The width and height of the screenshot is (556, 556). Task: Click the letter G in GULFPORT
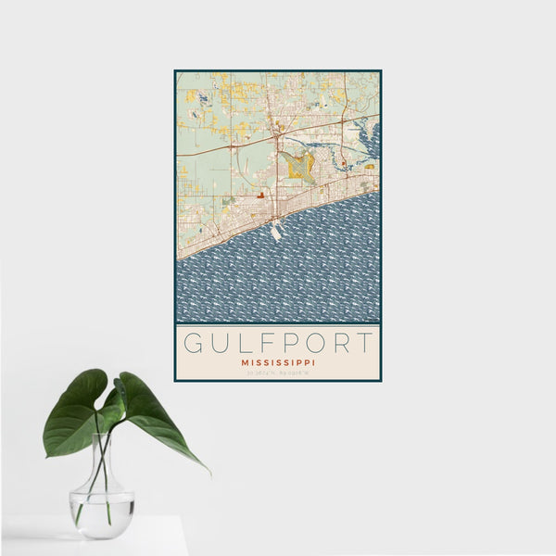pos(194,343)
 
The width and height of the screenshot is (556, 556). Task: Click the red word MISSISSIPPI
pos(278,362)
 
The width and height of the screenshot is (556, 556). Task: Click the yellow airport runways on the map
pos(299,166)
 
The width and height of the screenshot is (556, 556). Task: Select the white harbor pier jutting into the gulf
pos(276,233)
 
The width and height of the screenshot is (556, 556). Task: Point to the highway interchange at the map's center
pos(277,137)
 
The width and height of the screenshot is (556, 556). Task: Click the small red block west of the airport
pos(263,196)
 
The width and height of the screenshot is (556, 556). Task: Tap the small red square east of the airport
pos(343,165)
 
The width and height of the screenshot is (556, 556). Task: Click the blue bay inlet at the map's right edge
pos(373,139)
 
